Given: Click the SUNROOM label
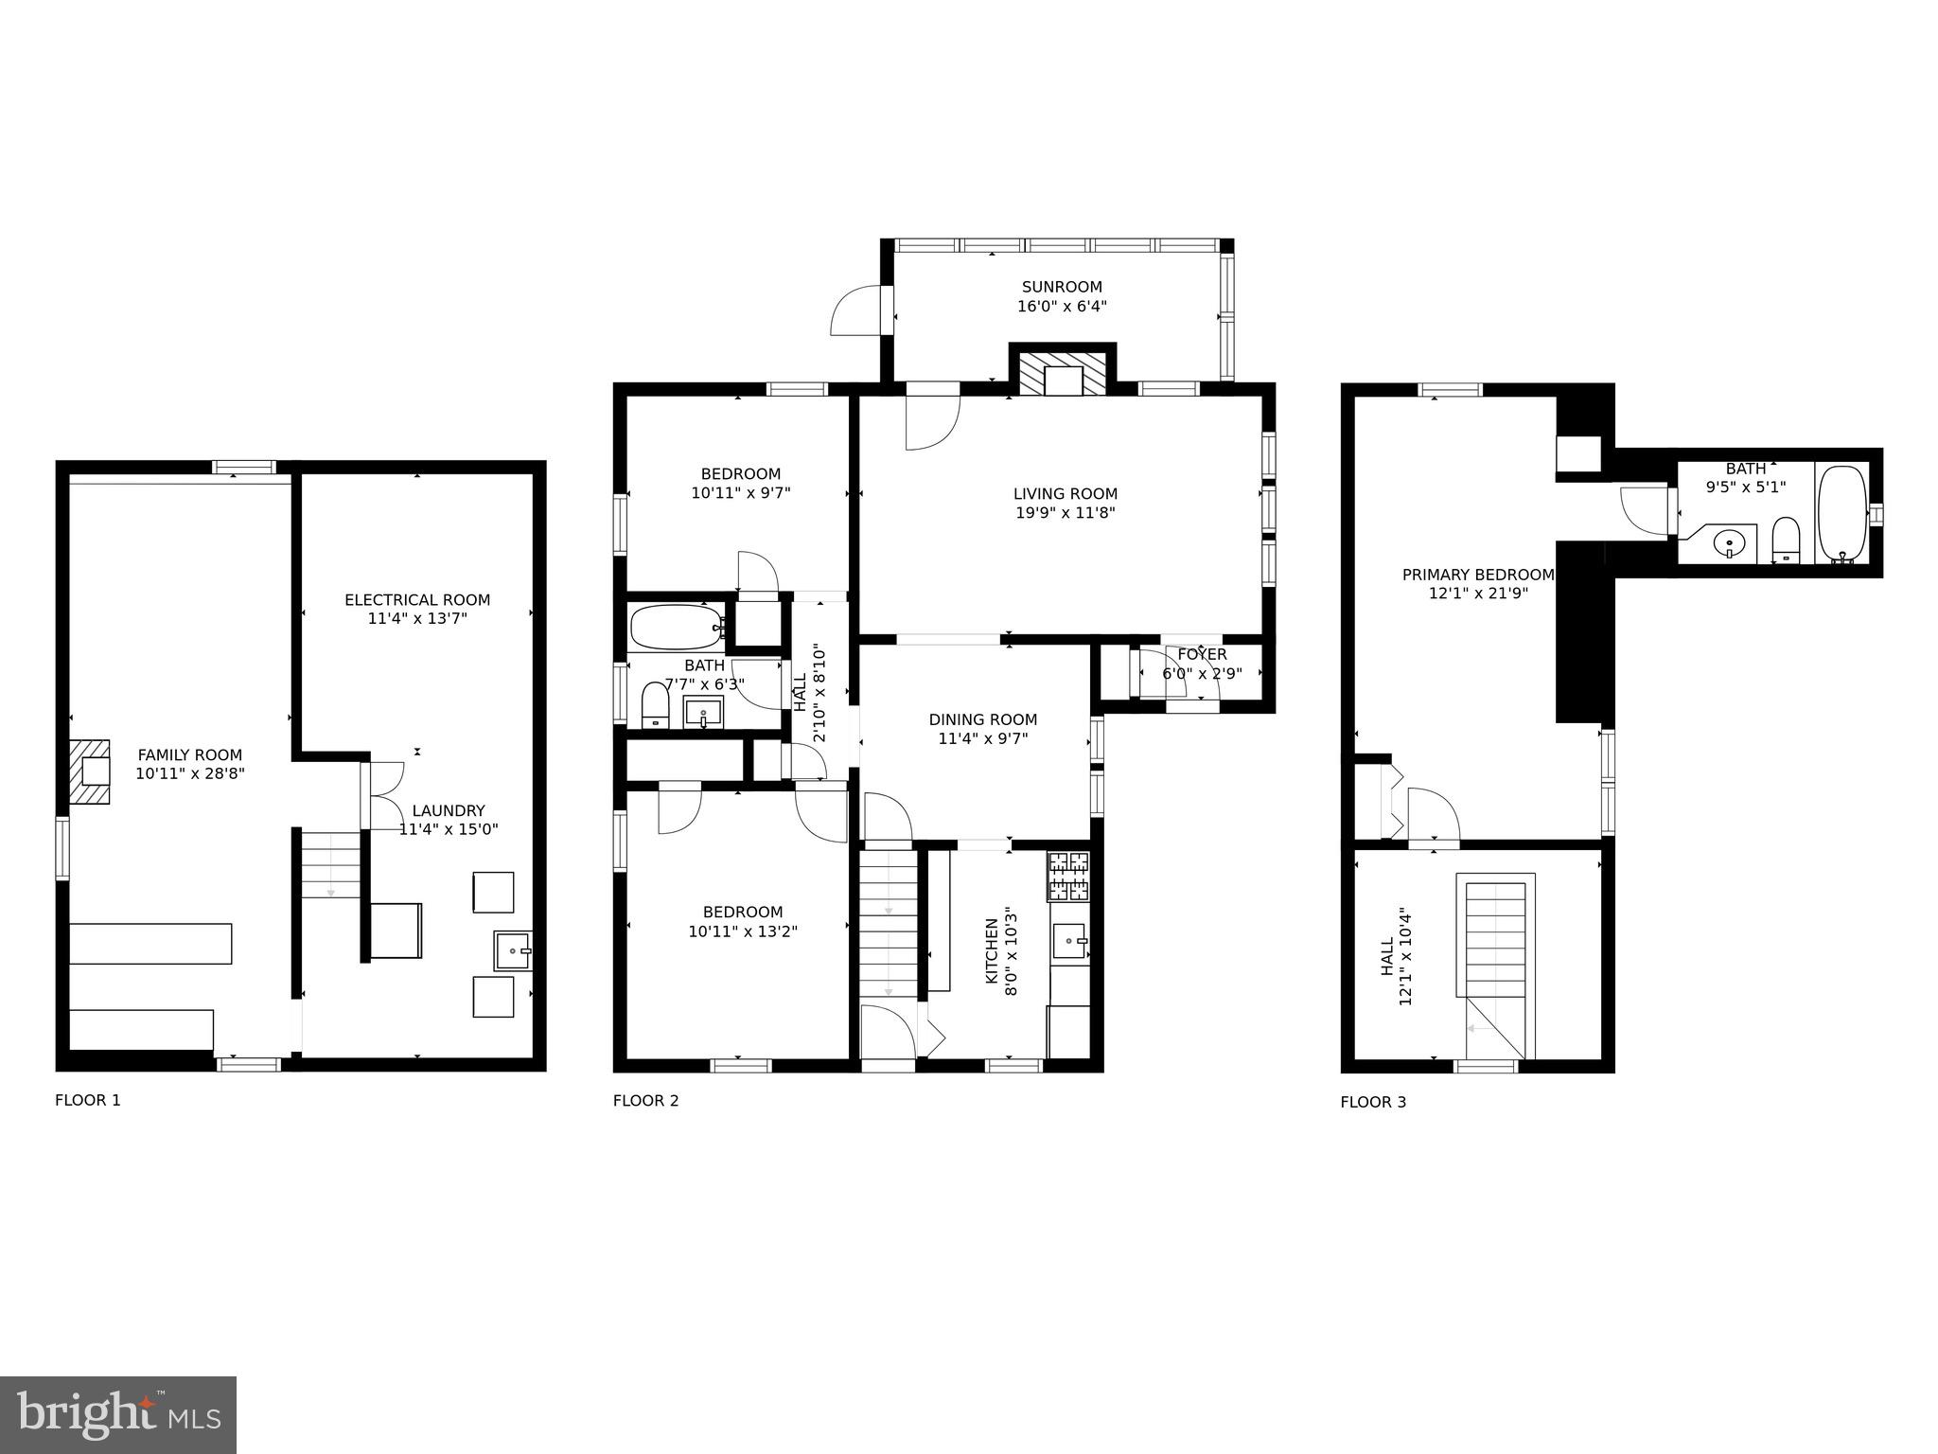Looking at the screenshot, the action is [x=1062, y=287].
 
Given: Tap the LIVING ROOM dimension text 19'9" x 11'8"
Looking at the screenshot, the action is [x=1066, y=513].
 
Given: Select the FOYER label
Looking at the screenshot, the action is [x=1202, y=654].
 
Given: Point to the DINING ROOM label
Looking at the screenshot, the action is [x=983, y=719].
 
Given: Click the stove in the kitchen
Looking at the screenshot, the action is [x=1068, y=876].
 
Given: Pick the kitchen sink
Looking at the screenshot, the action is [x=1070, y=941].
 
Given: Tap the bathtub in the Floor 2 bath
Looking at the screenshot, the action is [x=677, y=626].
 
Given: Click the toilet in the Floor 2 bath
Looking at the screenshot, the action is [x=655, y=705].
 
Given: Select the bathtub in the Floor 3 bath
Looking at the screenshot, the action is [x=1841, y=513].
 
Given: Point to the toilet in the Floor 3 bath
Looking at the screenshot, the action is [x=1786, y=540].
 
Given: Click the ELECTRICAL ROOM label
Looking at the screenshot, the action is [x=417, y=599].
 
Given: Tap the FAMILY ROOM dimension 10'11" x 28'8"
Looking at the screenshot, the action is [x=190, y=773].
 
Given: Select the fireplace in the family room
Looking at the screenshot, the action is [x=90, y=771].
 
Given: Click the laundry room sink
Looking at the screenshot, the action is [x=513, y=950].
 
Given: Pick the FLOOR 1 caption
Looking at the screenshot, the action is [x=88, y=1100].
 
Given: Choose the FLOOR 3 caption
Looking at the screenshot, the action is [x=1373, y=1102].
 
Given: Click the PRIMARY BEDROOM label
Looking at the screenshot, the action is [x=1478, y=575].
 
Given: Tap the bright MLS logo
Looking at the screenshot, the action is [x=118, y=1415].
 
